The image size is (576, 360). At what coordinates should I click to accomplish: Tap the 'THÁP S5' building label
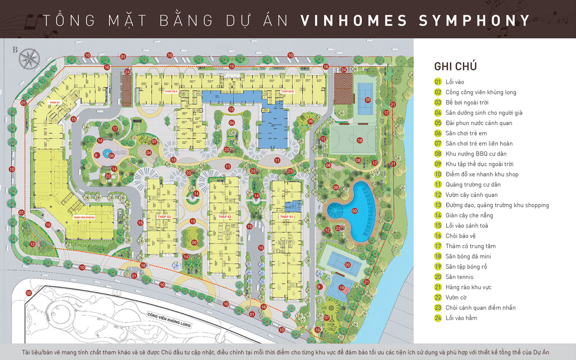click(x=54, y=103)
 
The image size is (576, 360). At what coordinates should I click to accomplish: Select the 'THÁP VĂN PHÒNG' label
click(x=84, y=217)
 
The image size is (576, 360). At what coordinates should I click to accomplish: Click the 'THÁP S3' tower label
click(x=164, y=217)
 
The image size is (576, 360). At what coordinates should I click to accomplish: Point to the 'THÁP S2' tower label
click(x=225, y=217)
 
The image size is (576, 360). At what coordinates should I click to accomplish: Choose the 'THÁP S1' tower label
click(x=287, y=217)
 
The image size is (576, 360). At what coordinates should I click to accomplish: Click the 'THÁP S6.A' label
click(x=171, y=91)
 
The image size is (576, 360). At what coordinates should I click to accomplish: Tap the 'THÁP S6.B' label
click(x=287, y=91)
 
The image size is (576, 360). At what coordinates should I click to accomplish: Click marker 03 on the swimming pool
click(x=355, y=211)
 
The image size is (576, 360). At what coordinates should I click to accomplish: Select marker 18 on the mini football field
click(x=360, y=141)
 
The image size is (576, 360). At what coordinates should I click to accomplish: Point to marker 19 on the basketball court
click(x=342, y=287)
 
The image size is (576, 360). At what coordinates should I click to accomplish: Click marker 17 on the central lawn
click(x=115, y=129)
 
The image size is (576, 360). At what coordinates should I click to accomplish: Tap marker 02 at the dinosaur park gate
click(x=29, y=293)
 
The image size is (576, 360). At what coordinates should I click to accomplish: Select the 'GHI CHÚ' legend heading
click(x=455, y=67)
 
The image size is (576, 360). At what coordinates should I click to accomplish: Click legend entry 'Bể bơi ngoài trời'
click(x=467, y=103)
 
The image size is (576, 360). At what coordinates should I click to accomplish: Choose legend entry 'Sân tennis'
click(x=459, y=277)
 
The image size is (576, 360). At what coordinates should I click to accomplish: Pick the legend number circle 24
click(x=438, y=318)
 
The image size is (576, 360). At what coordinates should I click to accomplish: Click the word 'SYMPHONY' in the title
click(x=474, y=20)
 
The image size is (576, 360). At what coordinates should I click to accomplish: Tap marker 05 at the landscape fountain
click(x=111, y=156)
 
